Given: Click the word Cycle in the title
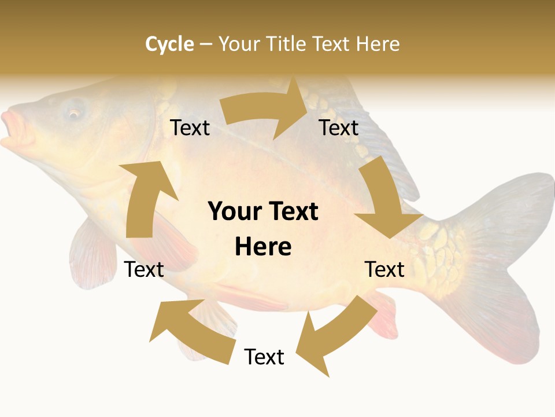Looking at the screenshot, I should point(169,44).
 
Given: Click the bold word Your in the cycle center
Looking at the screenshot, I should point(235,212).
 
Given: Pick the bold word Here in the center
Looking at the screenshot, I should point(263,247).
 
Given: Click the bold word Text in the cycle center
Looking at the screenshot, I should point(291,212).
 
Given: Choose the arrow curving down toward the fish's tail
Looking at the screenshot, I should point(384,203).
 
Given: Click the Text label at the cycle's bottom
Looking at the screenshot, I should point(264,357).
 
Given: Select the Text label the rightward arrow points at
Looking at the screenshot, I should point(339,127).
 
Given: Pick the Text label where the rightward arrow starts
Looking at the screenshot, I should point(190,127).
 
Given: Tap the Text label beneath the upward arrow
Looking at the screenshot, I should point(144,269).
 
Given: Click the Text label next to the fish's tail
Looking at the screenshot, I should point(384,269).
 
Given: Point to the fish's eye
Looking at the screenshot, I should point(75,113).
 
